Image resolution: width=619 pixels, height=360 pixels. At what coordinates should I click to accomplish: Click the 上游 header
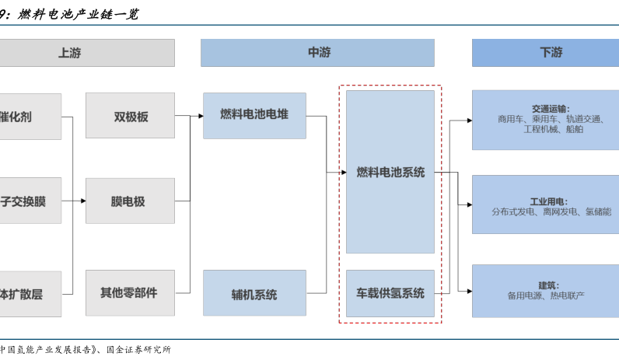70,53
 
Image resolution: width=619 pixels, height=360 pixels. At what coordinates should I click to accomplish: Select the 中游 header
318,53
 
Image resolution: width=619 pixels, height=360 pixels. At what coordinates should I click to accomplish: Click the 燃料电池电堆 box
254,115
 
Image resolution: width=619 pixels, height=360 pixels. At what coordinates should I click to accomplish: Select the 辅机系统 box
254,294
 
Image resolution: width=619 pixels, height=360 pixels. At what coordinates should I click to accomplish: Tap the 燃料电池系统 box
390,173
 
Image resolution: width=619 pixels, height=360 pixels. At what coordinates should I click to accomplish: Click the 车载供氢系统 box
390,293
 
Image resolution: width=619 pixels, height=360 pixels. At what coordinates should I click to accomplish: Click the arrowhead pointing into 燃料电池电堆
200,116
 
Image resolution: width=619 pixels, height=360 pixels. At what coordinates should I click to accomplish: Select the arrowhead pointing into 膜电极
82,201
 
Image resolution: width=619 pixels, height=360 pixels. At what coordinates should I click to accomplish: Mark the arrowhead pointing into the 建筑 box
469,291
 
